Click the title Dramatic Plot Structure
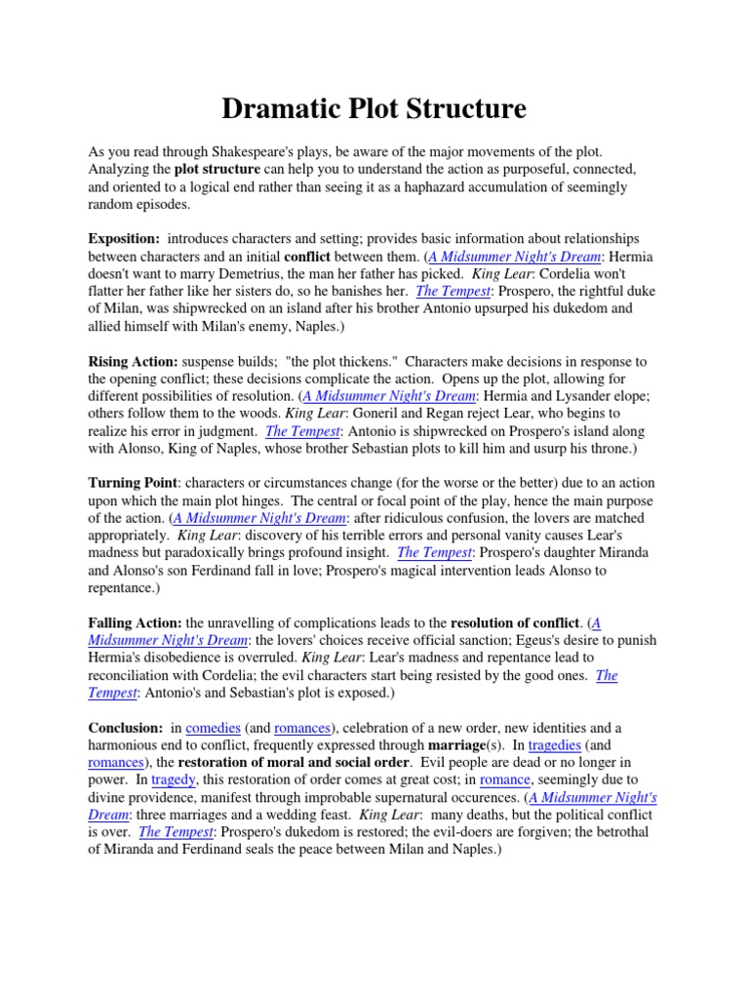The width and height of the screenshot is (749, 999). (x=374, y=108)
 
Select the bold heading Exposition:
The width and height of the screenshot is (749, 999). (x=124, y=239)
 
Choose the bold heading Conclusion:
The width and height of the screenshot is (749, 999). (x=125, y=728)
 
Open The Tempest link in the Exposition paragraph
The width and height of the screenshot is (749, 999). (x=453, y=291)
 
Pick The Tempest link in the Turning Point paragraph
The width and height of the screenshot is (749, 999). (x=435, y=552)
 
